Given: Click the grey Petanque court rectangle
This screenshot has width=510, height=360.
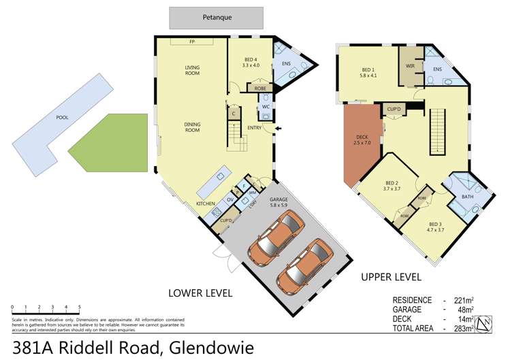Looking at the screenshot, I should [x=216, y=18].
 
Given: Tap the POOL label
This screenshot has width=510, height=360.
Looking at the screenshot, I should [x=62, y=118].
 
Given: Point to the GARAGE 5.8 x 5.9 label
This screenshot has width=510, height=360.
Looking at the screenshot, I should [x=263, y=202].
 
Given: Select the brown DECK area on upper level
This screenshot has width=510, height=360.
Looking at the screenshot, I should [x=361, y=144].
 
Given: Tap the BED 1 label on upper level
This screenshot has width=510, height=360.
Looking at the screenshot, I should [x=368, y=71].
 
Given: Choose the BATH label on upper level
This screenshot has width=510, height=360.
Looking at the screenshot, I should [x=467, y=197].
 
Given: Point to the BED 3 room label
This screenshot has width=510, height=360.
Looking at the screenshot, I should [x=436, y=227].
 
